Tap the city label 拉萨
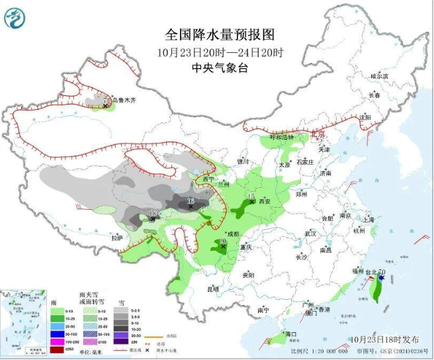117,238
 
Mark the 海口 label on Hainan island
291,334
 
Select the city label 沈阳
365,117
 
